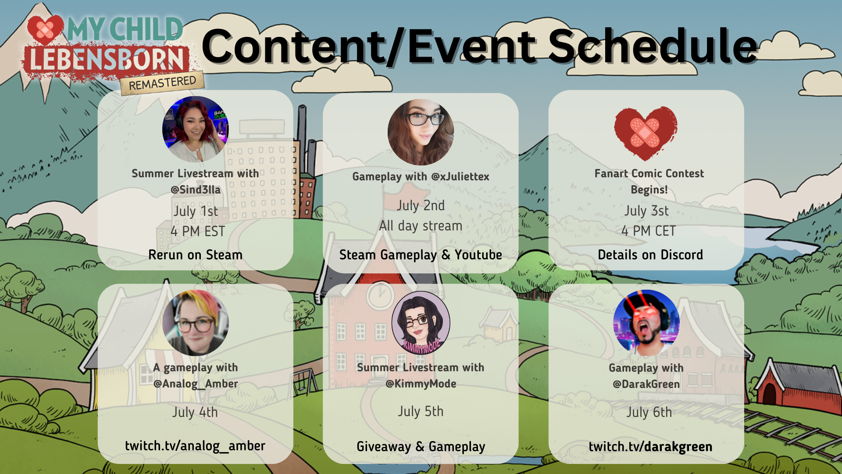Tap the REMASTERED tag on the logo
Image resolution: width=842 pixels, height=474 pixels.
point(162,83)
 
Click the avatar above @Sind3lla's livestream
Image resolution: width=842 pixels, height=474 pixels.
point(196,129)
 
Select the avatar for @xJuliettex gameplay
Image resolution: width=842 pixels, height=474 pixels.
point(421,133)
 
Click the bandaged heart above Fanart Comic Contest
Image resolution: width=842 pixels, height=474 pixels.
point(646,133)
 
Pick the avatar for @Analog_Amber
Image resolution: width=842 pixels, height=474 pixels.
point(196,323)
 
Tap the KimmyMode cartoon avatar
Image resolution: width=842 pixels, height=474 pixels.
point(421,323)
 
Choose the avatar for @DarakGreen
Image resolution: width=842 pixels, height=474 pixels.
point(646,323)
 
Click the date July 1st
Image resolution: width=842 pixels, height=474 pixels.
point(196,211)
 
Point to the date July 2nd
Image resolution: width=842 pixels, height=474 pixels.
point(421,205)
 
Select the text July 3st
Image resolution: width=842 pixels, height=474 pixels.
point(646,211)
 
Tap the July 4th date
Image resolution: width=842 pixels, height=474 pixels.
point(195,412)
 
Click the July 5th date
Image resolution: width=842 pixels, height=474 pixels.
point(421,411)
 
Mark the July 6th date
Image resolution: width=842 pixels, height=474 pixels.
point(649,412)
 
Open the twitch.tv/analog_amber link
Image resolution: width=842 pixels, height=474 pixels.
point(195,446)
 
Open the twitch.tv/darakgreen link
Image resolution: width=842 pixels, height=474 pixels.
point(650,447)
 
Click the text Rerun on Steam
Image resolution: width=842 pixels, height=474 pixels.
point(195,255)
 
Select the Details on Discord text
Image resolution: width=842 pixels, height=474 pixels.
point(650,255)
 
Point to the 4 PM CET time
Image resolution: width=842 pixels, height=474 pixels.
point(649,231)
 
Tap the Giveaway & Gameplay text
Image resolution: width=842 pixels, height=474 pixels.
point(421,447)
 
